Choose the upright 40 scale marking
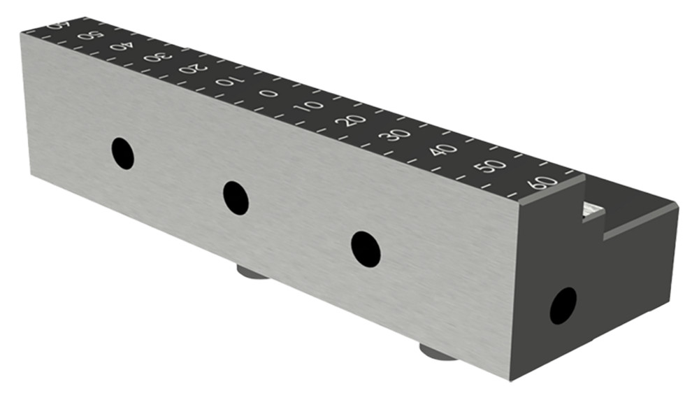pyautogui.click(x=443, y=149)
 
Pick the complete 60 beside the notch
pyautogui.click(x=544, y=183)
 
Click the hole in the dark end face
pyautogui.click(x=563, y=306)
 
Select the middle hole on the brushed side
pyautogui.click(x=236, y=197)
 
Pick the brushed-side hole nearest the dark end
pyautogui.click(x=366, y=248)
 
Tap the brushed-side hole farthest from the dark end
pyautogui.click(x=123, y=153)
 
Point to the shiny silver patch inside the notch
pyautogui.click(x=593, y=209)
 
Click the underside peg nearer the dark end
pyautogui.click(x=438, y=352)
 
